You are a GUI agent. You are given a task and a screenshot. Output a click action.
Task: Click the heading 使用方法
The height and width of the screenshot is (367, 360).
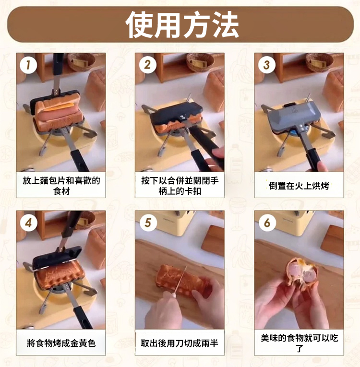click(x=182, y=24)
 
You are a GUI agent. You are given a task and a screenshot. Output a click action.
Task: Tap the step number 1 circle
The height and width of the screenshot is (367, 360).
click(x=28, y=65)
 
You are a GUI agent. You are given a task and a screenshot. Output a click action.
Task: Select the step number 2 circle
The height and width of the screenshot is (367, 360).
click(x=147, y=65)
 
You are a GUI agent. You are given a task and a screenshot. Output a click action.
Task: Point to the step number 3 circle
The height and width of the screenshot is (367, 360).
click(x=266, y=65)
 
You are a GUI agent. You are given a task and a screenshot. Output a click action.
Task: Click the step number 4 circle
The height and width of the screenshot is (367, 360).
click(x=29, y=223)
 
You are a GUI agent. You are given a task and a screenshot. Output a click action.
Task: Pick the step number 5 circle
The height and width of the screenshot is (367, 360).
click(x=148, y=223)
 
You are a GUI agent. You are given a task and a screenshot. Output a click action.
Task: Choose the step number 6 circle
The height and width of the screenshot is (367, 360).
click(x=267, y=223)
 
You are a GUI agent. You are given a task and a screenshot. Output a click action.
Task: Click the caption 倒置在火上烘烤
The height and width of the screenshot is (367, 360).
click(x=299, y=186)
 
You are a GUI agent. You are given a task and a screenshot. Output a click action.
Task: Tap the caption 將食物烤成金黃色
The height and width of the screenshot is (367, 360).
click(x=61, y=343)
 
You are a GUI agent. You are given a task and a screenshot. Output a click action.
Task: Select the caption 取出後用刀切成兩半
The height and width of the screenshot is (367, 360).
click(x=180, y=343)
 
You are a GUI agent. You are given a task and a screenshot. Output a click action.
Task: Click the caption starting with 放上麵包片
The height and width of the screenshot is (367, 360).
click(x=61, y=186)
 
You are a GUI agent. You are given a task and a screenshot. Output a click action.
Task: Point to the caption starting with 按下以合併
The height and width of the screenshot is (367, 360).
click(x=180, y=186)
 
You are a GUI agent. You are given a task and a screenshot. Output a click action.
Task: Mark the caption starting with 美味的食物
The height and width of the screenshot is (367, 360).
click(x=300, y=343)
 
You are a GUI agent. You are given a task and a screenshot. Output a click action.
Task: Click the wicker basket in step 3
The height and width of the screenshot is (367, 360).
click(x=319, y=62)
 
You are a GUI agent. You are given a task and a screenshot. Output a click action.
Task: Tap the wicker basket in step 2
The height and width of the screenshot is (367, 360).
click(x=200, y=62)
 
